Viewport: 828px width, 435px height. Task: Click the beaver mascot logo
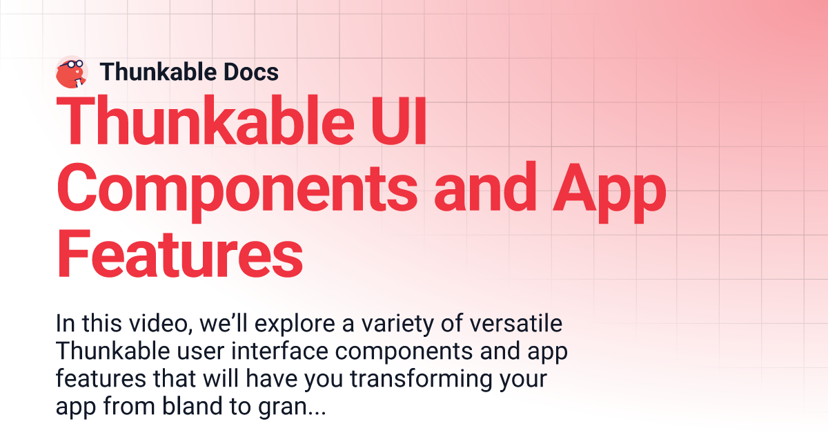tap(72, 72)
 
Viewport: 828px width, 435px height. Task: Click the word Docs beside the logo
tap(251, 72)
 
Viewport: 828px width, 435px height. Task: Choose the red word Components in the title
tap(237, 190)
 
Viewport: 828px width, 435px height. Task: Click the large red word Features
tap(179, 254)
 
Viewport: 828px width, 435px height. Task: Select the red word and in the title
tap(485, 188)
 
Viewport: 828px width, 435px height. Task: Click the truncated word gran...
tap(282, 408)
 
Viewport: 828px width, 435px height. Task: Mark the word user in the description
tap(201, 352)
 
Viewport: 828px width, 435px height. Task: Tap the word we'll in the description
tap(224, 323)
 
